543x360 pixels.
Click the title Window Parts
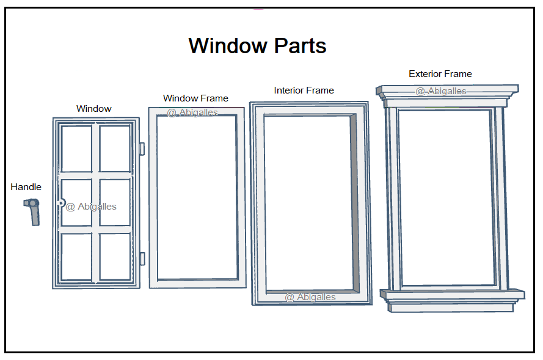pyautogui.click(x=257, y=46)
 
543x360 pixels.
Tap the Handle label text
pyautogui.click(x=26, y=187)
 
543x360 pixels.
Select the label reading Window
pyautogui.click(x=94, y=109)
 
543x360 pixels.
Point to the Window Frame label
pyautogui.click(x=195, y=98)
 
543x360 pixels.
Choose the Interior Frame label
pyautogui.click(x=304, y=90)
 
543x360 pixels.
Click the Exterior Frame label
pyautogui.click(x=440, y=74)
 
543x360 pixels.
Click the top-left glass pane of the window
pyautogui.click(x=76, y=149)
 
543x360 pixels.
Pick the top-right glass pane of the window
pyautogui.click(x=115, y=149)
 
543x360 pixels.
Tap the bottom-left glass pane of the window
pyautogui.click(x=76, y=257)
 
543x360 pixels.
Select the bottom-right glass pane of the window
pyautogui.click(x=115, y=257)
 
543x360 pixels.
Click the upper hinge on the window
pyautogui.click(x=142, y=149)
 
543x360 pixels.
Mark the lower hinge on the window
pyautogui.click(x=142, y=258)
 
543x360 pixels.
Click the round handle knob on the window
pyautogui.click(x=61, y=202)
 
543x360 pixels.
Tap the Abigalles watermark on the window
pyautogui.click(x=91, y=207)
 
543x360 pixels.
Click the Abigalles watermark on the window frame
pyautogui.click(x=192, y=112)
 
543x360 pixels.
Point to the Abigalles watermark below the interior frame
pyautogui.click(x=310, y=297)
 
